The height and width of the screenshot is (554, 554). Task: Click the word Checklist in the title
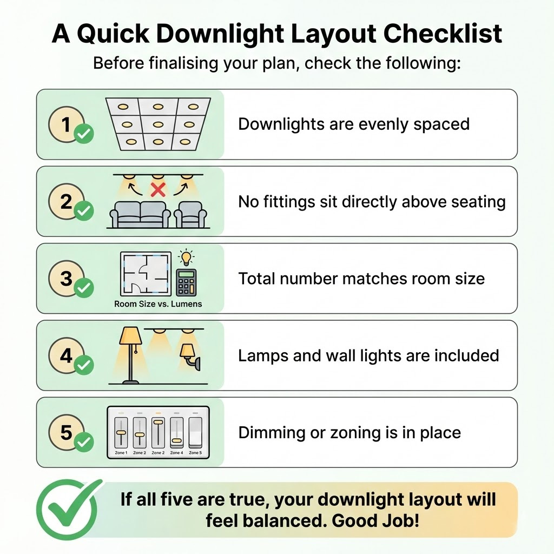[443, 34]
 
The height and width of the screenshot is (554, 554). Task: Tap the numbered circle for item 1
[66, 124]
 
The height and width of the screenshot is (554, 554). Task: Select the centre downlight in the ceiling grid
[158, 124]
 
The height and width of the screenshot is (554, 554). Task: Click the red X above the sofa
[158, 190]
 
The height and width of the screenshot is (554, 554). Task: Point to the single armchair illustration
[191, 214]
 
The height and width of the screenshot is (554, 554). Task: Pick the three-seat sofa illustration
[140, 214]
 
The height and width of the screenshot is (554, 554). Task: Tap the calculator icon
[186, 282]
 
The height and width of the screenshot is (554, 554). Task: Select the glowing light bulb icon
[186, 258]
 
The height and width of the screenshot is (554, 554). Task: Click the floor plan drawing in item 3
[146, 274]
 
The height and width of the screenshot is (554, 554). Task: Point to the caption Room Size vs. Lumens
[158, 304]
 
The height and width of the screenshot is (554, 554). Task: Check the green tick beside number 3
[84, 288]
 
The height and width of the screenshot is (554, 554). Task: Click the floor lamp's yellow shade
[131, 335]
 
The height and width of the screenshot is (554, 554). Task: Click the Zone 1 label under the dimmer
[121, 453]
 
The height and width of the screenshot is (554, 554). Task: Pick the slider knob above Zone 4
[176, 441]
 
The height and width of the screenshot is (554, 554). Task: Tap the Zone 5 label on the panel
[195, 453]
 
